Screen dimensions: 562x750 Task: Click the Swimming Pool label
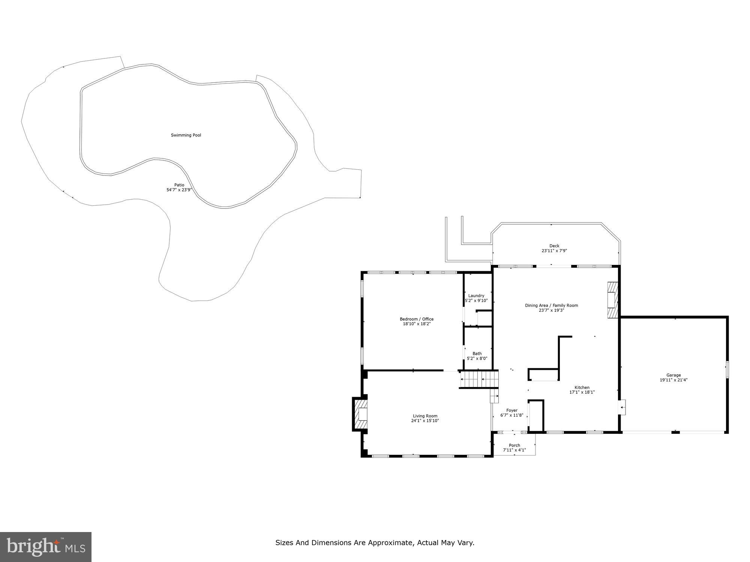pyautogui.click(x=186, y=135)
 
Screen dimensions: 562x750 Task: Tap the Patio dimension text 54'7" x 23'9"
pyautogui.click(x=179, y=190)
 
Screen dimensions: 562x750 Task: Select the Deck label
pyautogui.click(x=554, y=246)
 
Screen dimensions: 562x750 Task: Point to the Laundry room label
pyautogui.click(x=476, y=296)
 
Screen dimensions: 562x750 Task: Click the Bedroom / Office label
pyautogui.click(x=417, y=319)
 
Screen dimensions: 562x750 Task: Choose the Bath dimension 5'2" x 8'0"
pyautogui.click(x=477, y=359)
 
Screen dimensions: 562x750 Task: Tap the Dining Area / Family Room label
pyautogui.click(x=551, y=305)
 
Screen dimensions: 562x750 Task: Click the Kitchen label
pyautogui.click(x=582, y=387)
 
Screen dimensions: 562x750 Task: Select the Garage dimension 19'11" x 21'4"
pyautogui.click(x=673, y=380)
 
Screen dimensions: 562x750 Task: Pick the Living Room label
pyautogui.click(x=425, y=416)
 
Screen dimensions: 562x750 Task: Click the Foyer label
pyautogui.click(x=512, y=410)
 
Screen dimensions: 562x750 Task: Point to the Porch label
pyautogui.click(x=514, y=445)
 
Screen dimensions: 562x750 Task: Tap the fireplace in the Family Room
pyautogui.click(x=612, y=300)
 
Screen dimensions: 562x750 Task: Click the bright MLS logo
pyautogui.click(x=46, y=547)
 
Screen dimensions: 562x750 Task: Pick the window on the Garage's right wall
pyautogui.click(x=727, y=369)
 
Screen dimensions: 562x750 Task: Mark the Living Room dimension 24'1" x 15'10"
pyautogui.click(x=425, y=421)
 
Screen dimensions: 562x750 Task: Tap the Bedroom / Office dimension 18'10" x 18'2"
pyautogui.click(x=417, y=324)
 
